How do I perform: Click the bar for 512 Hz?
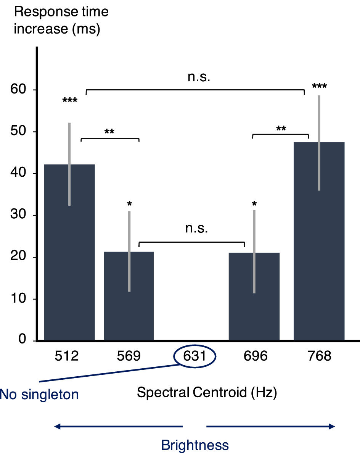pos(69,252)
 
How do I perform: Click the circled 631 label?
pos(195,356)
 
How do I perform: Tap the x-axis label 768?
pos(319,356)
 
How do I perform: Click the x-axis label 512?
pos(66,356)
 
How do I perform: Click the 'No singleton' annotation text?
pos(39,394)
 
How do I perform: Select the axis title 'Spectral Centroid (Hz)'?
pos(206,392)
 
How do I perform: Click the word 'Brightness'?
pos(195,445)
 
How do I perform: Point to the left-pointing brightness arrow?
pos(119,427)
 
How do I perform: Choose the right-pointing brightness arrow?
pos(270,427)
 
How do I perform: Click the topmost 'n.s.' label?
pos(199,77)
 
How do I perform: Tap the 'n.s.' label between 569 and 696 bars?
pos(196,229)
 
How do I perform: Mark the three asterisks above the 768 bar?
pos(319,86)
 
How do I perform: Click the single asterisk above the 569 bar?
pos(129,203)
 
